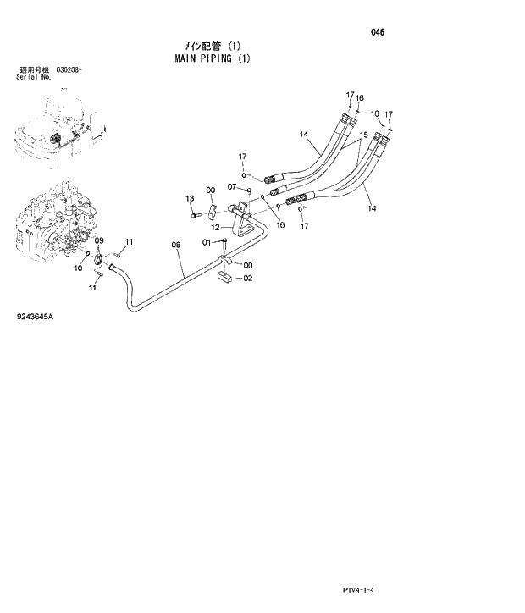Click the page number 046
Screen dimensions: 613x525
click(x=378, y=32)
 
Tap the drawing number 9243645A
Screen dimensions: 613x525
click(x=34, y=317)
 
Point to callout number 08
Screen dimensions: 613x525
click(x=176, y=246)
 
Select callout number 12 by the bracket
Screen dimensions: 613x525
click(x=216, y=228)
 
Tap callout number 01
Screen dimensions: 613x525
click(x=206, y=242)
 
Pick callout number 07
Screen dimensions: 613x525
click(x=232, y=186)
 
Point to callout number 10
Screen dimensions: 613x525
click(x=78, y=268)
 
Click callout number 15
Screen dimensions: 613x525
click(x=362, y=135)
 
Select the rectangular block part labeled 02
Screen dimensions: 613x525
click(x=226, y=276)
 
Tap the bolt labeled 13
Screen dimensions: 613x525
click(x=196, y=216)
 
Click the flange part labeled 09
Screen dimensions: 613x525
click(x=99, y=259)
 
